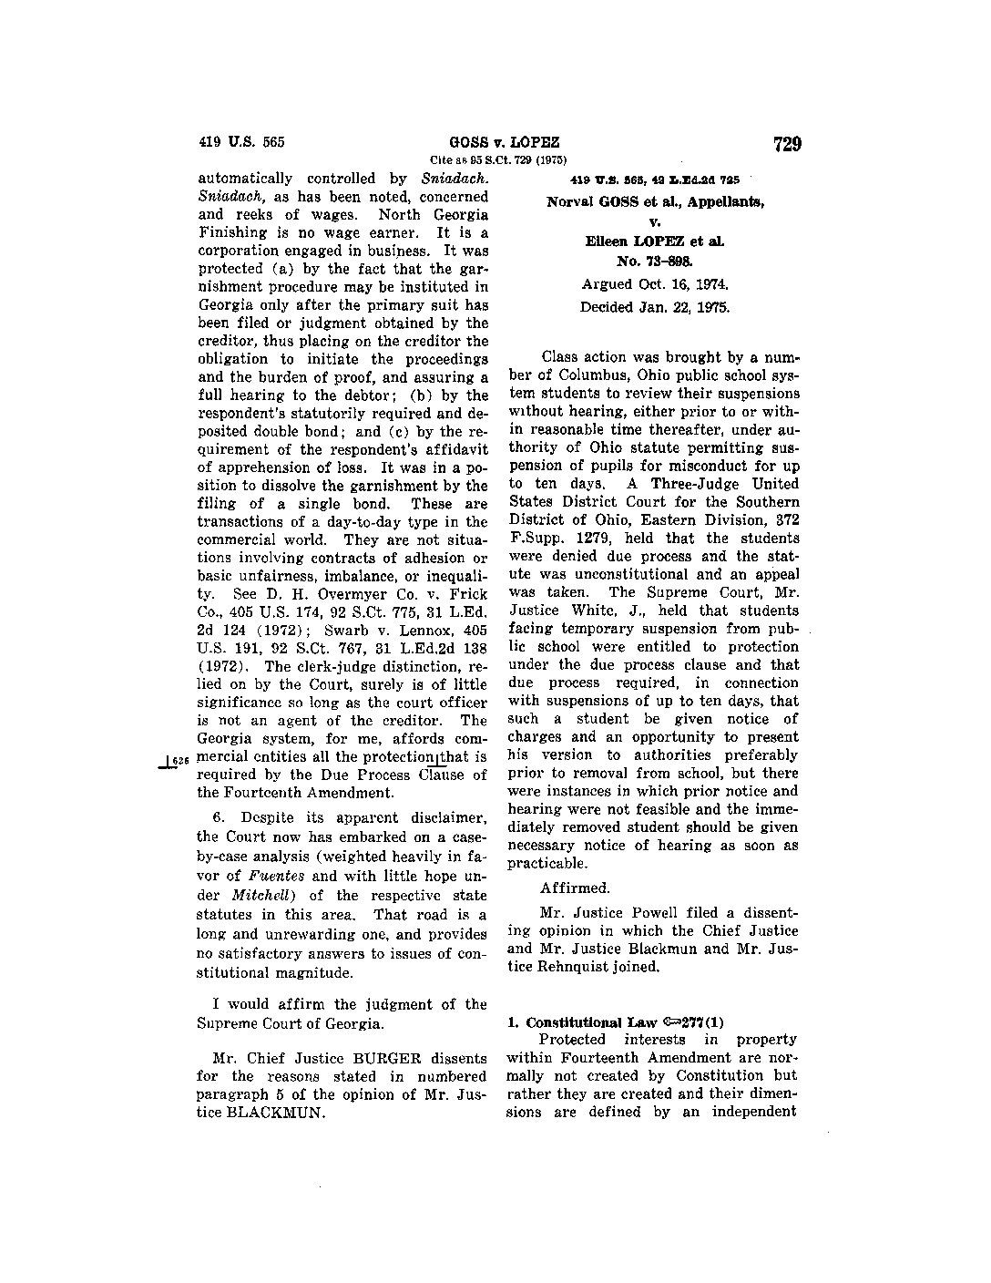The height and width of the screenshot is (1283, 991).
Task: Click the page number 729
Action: point(786,144)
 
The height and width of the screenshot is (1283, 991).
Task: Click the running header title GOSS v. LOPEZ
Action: point(504,143)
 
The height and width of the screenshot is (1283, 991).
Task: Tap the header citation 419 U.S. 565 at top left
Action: point(241,142)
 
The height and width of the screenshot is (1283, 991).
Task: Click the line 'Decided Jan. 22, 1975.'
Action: point(655,307)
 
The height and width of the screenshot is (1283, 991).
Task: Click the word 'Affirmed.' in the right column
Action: point(575,888)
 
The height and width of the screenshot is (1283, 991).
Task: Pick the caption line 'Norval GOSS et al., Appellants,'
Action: point(655,201)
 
